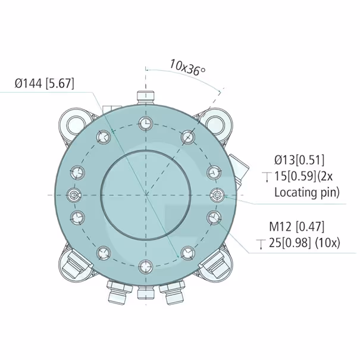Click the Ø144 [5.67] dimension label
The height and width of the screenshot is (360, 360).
click(45, 83)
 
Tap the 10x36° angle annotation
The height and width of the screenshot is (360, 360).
click(187, 67)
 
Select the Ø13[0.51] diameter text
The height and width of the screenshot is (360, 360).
click(299, 160)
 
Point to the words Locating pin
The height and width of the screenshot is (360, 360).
click(306, 192)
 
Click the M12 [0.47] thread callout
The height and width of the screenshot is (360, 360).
click(297, 227)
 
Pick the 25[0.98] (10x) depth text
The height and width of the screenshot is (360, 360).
click(305, 243)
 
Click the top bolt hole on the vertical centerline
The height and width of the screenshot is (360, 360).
click(146, 123)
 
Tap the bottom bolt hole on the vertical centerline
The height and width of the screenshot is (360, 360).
click(146, 267)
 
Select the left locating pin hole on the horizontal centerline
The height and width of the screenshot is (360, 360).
click(74, 195)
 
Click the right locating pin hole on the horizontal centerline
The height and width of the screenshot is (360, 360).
click(217, 195)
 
